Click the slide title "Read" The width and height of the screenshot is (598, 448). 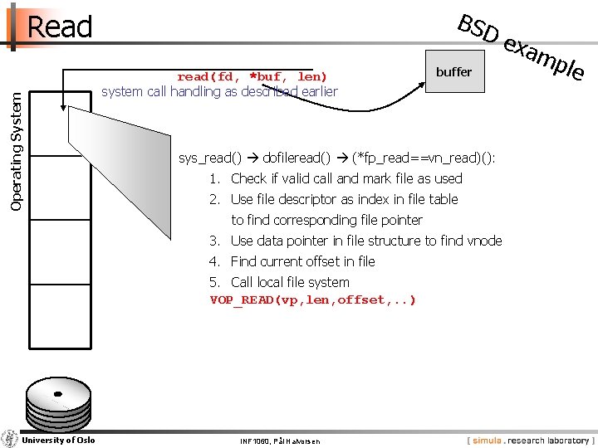[59, 27]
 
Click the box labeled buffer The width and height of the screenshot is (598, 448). [453, 72]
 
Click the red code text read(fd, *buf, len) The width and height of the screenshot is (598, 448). [252, 76]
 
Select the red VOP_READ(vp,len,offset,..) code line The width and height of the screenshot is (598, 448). [312, 299]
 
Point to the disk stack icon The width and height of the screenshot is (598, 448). [57, 403]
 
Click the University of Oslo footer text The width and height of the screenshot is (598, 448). [58, 440]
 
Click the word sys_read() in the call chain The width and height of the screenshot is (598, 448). [210, 158]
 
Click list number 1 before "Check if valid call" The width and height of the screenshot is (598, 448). [214, 178]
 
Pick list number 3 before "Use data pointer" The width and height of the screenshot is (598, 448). [214, 241]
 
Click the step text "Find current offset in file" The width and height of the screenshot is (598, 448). [302, 261]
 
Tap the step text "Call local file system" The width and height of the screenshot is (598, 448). [290, 282]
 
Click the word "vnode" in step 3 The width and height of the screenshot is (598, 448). [484, 241]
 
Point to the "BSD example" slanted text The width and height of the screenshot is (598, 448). [521, 48]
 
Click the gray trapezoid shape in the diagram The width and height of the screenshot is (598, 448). [116, 166]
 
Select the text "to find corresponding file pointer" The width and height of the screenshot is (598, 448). [326, 220]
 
